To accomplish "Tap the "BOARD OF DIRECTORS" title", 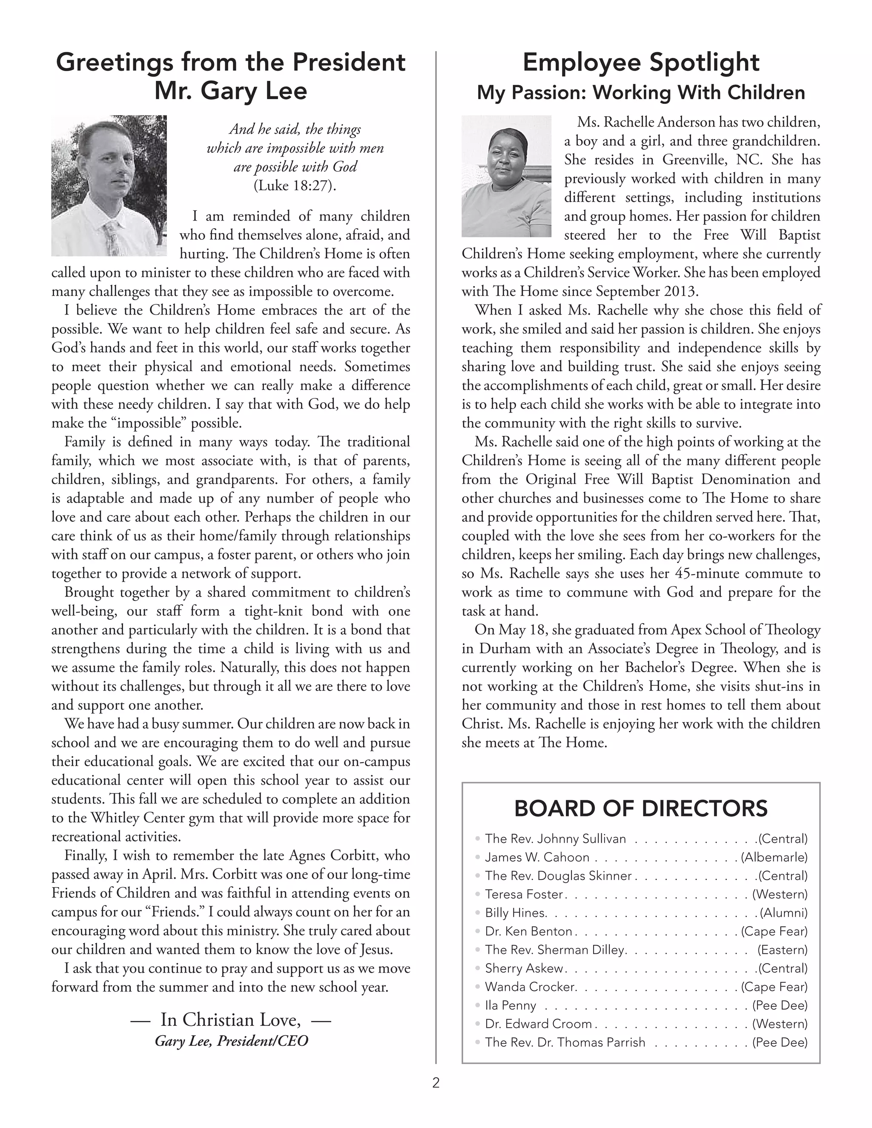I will point(640,808).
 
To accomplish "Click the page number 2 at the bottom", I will point(436,1082).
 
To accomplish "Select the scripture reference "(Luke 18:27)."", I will point(295,186).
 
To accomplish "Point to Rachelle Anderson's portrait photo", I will point(506,176).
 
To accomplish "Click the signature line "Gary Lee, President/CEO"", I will point(232,1041).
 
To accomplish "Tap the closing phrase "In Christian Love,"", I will point(230,1019).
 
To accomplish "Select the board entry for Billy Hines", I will point(516,913).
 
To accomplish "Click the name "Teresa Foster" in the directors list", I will point(524,894).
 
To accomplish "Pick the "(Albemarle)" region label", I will point(774,857).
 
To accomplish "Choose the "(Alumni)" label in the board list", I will point(783,913).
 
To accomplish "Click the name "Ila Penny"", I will point(511,1005).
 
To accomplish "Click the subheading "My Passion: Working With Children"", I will point(640,92).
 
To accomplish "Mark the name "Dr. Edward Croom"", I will point(538,1024).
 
